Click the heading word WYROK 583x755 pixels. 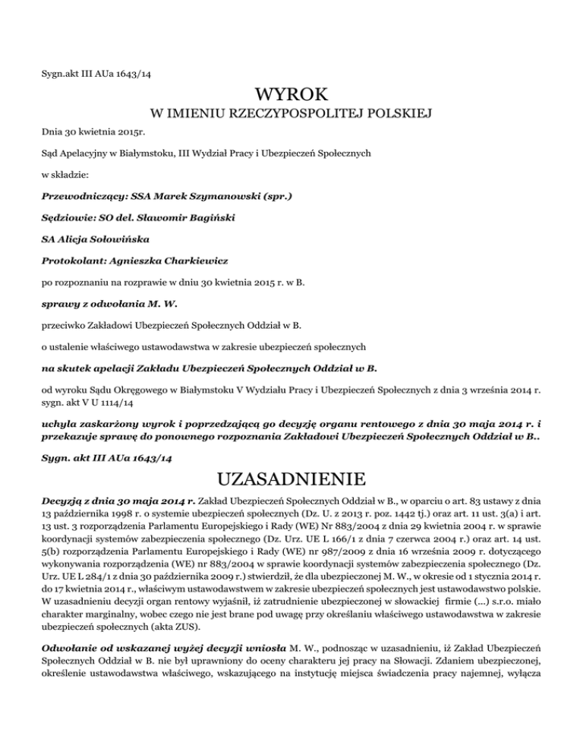(x=291, y=96)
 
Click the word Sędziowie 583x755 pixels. (x=58, y=218)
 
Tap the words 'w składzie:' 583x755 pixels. (x=63, y=174)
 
